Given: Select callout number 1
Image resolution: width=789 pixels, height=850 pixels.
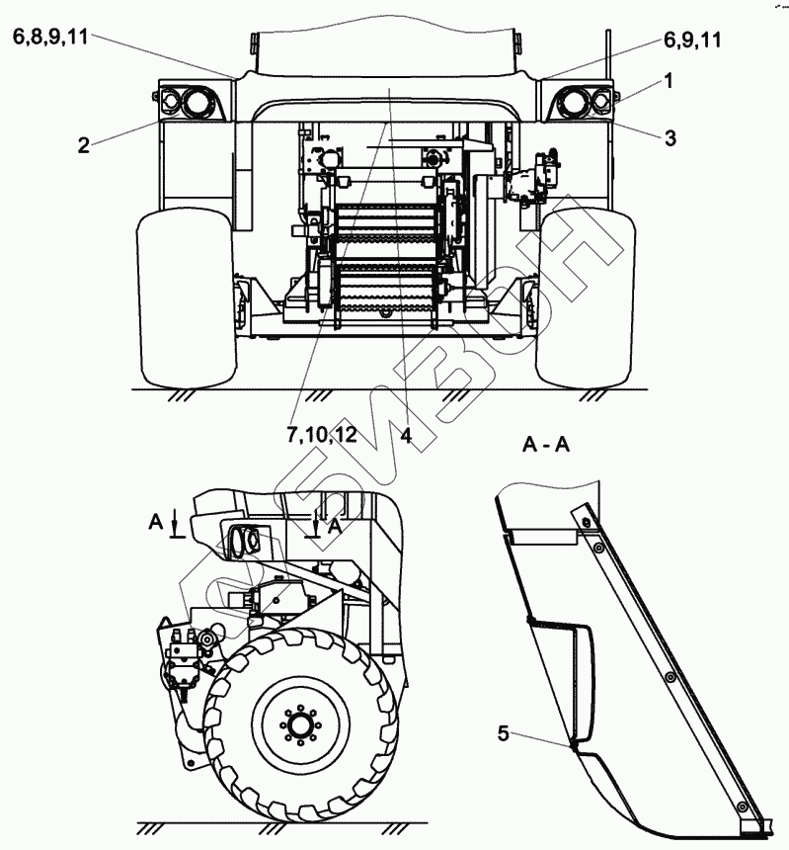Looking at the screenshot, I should point(669,83).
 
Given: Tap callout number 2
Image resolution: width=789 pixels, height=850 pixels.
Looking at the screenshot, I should point(84,146).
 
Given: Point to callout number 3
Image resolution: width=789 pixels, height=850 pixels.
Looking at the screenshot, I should point(670,139).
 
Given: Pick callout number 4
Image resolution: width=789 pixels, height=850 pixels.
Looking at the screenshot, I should point(406,435).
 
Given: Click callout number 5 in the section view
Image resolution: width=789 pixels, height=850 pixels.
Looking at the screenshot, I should point(504,733).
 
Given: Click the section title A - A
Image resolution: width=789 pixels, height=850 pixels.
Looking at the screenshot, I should point(547,447).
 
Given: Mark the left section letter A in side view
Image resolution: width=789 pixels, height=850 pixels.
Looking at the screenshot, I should point(156,520).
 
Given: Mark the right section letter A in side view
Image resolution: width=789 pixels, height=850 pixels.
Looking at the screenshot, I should point(335,527).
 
